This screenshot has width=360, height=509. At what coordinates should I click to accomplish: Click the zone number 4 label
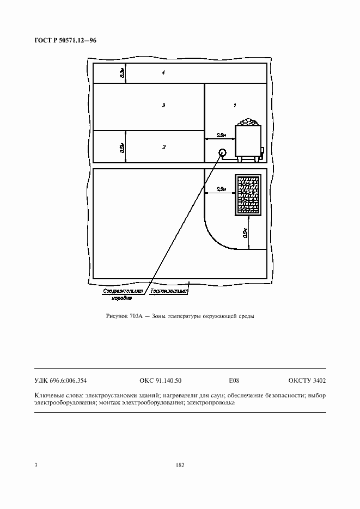click(163, 72)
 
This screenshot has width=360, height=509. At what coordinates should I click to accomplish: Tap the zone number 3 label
click(163, 105)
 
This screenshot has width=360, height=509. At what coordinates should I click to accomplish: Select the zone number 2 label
click(164, 147)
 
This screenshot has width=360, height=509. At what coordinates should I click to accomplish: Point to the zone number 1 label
click(235, 105)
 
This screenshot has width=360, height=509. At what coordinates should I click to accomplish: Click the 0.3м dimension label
click(122, 73)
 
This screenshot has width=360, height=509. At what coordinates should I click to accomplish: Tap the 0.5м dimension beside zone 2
click(122, 148)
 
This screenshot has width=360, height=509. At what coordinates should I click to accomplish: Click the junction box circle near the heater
click(222, 152)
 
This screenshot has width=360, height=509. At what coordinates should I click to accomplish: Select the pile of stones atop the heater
click(248, 122)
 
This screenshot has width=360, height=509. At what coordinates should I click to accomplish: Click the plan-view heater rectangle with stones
click(248, 195)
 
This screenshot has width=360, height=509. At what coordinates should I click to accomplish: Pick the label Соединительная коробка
click(123, 295)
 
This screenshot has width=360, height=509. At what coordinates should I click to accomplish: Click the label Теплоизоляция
click(168, 291)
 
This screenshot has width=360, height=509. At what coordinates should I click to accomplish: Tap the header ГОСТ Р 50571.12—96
click(65, 41)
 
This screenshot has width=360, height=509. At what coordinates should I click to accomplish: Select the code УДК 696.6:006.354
click(60, 381)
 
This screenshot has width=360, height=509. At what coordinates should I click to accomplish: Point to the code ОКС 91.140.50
click(160, 381)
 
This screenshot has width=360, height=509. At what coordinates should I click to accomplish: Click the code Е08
click(234, 381)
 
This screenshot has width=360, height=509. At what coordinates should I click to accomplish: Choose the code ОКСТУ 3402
click(307, 381)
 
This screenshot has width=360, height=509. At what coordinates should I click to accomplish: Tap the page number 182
click(180, 465)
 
